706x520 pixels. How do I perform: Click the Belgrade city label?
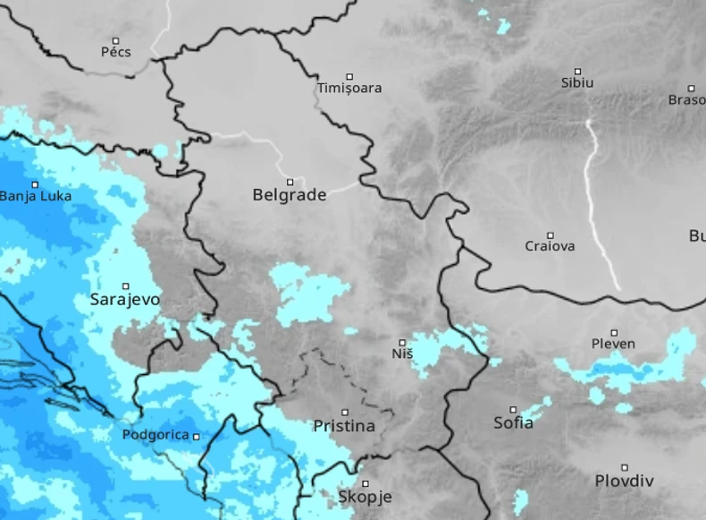pos(289,194)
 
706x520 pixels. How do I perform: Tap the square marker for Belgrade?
pos(290,182)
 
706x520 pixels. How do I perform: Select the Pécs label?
pos(115,52)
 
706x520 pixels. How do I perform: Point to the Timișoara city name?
pos(349,88)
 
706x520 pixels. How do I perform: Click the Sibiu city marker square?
pos(577,71)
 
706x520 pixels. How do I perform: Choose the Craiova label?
pos(550,246)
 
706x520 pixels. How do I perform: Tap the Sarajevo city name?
pos(125,299)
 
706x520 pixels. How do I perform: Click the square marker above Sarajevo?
pos(126,286)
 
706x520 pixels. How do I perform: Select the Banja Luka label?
pos(36,196)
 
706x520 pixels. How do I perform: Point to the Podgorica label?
pos(155,435)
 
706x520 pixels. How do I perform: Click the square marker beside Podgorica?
pos(197,437)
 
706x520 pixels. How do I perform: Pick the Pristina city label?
pos(344,426)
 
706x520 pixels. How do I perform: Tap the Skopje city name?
pos(365,497)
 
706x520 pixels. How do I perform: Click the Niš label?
pos(402,354)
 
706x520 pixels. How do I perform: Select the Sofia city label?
pos(513,422)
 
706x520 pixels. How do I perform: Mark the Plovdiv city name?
pos(624,481)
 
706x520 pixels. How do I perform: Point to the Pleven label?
pos(613,344)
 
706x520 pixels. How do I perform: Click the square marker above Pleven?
pos(614,332)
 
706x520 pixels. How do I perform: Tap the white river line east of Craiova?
pos(597,206)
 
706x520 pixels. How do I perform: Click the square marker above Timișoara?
pos(349,76)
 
